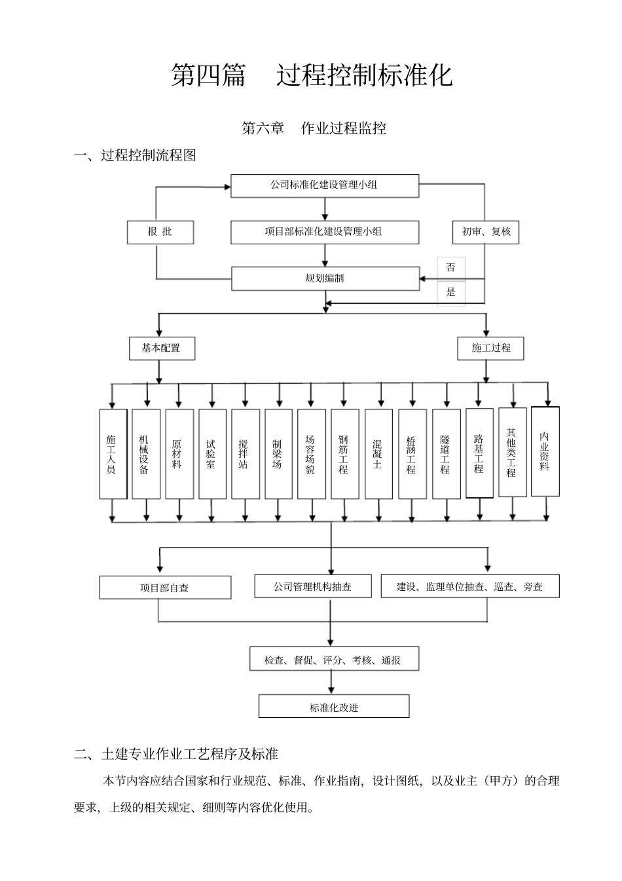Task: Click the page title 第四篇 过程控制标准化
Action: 312,75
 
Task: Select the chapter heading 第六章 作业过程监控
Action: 314,128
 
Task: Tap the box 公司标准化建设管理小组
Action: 324,185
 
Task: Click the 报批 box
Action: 160,232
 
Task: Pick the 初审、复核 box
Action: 486,232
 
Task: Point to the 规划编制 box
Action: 325,278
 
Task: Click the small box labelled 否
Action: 451,267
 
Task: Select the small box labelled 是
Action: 451,292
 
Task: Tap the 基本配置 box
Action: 161,348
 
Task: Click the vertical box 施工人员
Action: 111,454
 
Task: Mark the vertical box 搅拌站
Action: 244,454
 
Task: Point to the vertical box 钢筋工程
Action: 344,454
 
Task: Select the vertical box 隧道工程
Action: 445,454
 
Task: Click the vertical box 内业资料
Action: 545,451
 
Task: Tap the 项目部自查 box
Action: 165,588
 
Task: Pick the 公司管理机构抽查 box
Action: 312,586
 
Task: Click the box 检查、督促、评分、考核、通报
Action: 333,660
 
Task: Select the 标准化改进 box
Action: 334,707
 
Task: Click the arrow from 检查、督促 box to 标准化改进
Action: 331,683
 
